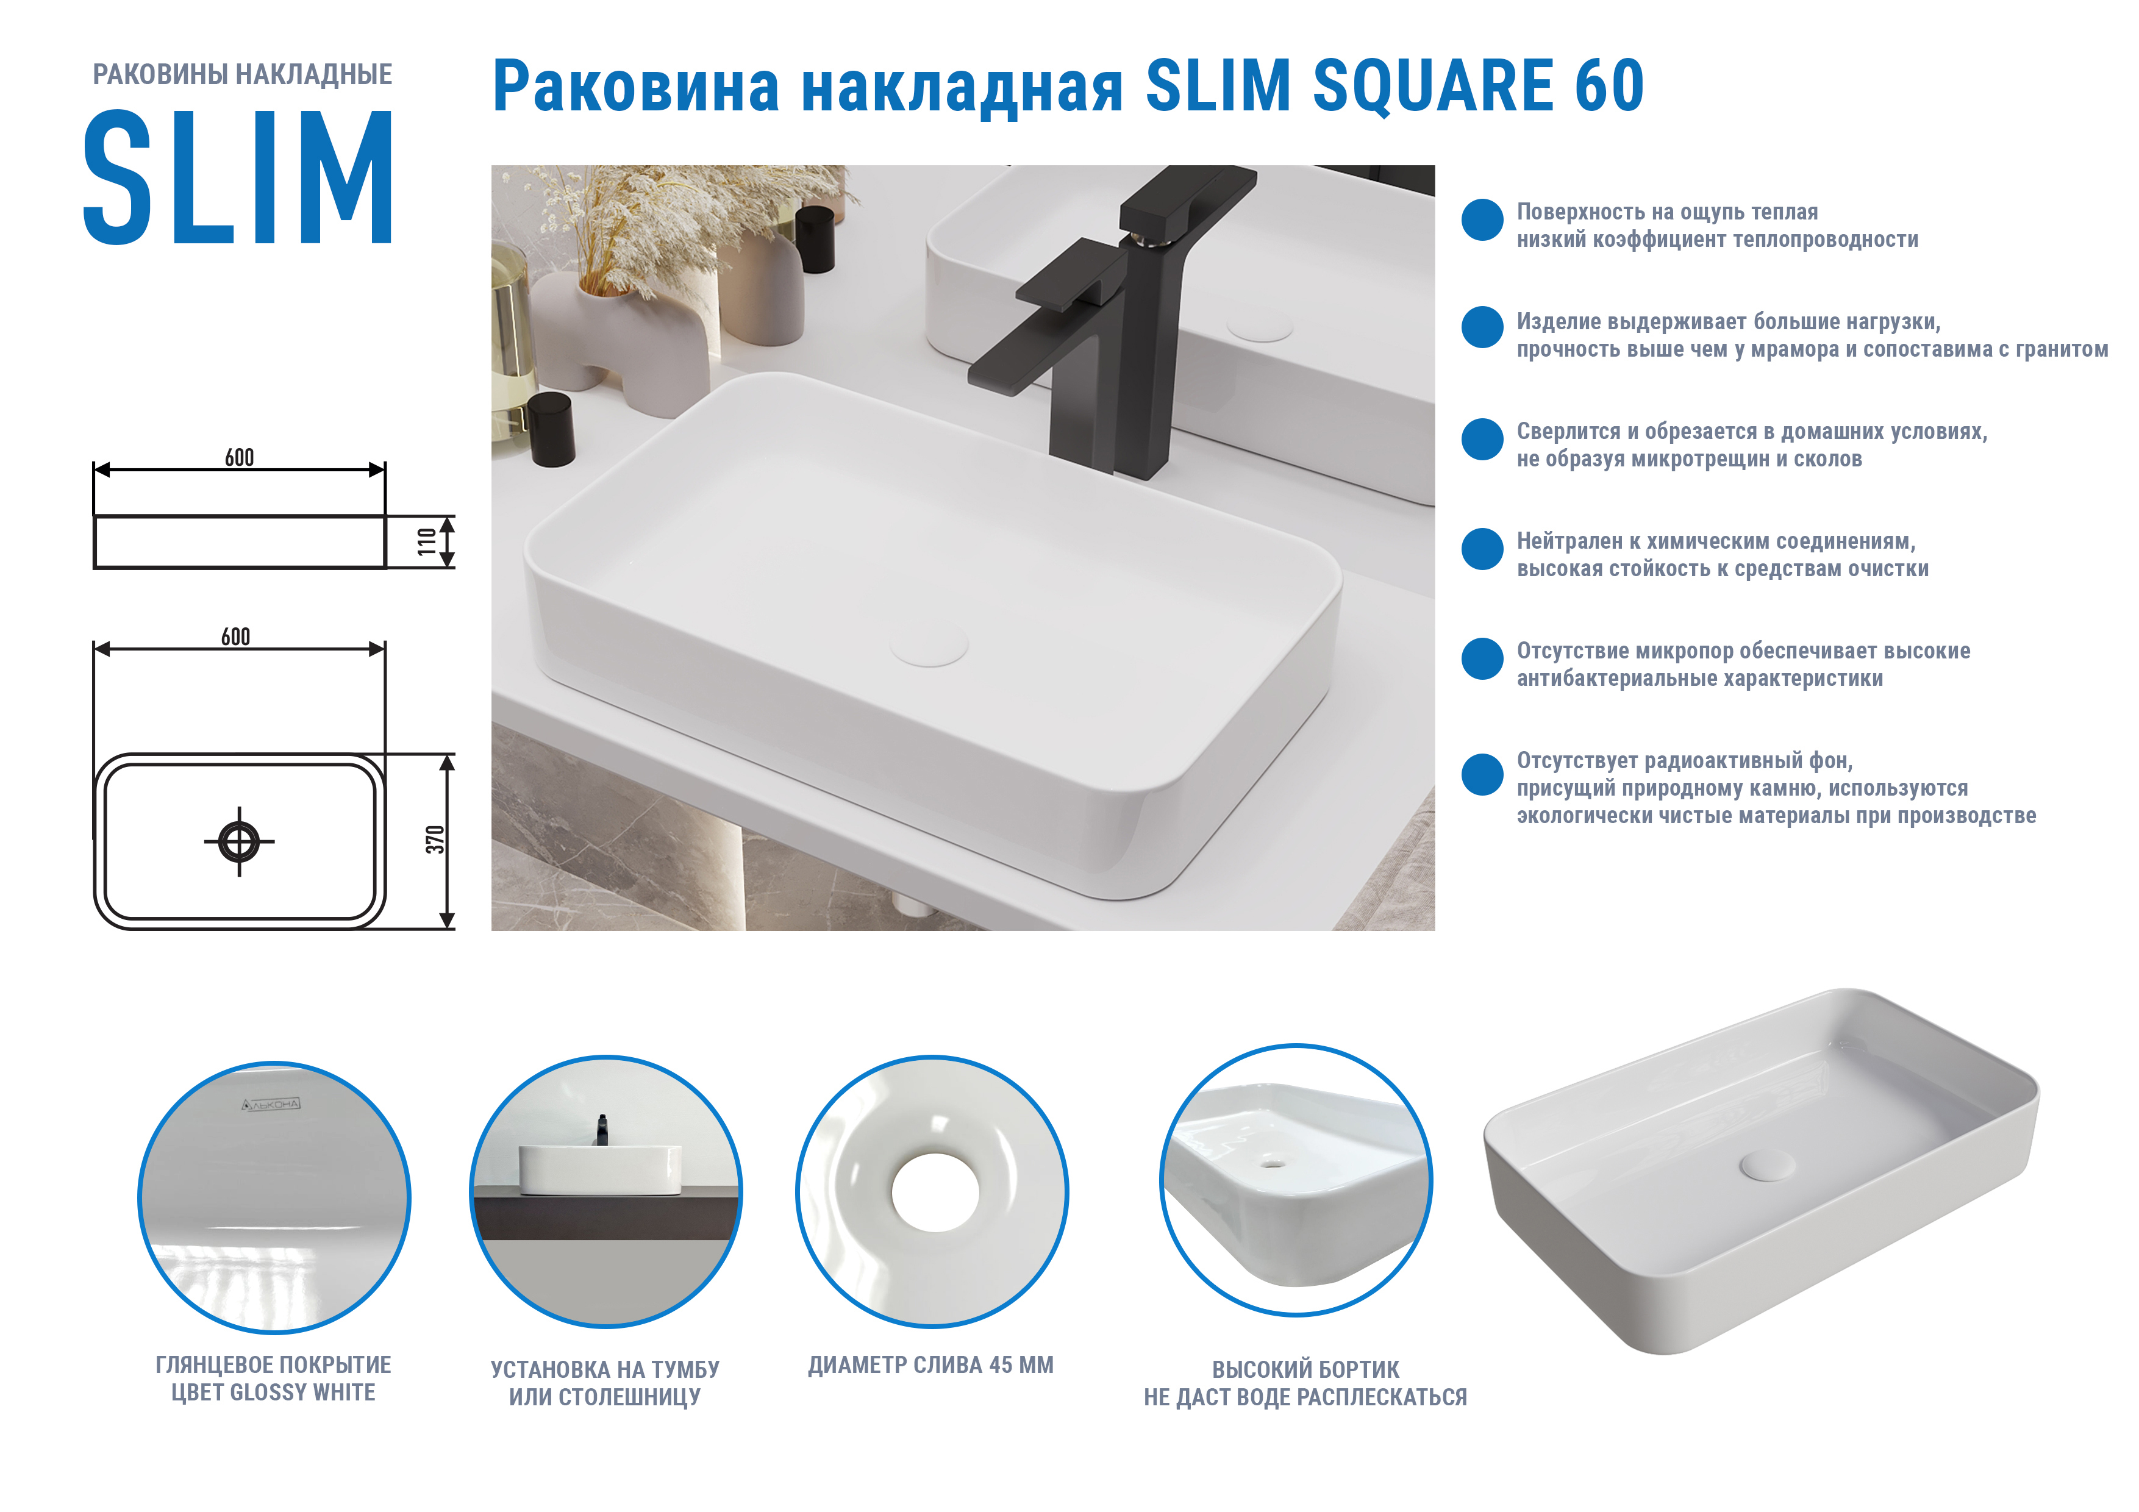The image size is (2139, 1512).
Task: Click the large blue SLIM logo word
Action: tap(238, 177)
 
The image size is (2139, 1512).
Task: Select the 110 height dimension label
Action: tap(427, 541)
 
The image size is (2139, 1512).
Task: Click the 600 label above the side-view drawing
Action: tap(240, 457)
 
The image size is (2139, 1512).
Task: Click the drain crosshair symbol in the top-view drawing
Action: tap(240, 841)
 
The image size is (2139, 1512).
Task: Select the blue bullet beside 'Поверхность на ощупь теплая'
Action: tap(1482, 220)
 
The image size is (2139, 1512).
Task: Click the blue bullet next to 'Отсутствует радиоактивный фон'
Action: tap(1482, 774)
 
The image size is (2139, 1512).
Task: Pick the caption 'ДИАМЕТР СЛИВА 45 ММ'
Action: tap(930, 1365)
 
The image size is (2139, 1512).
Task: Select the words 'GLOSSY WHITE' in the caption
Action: tap(303, 1393)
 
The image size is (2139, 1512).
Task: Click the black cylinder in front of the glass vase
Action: tap(552, 429)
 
